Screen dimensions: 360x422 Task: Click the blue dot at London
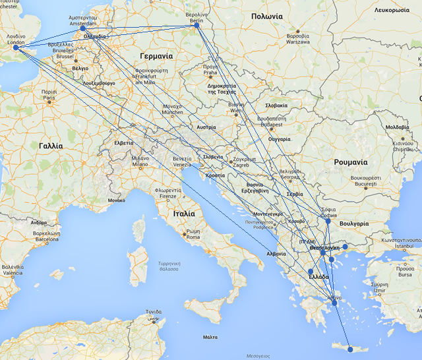click(x=16, y=47)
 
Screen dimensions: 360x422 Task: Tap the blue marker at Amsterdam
click(x=83, y=28)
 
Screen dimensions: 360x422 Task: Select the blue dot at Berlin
click(x=197, y=26)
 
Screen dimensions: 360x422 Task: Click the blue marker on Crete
click(x=350, y=349)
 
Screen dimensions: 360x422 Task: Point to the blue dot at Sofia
click(x=328, y=221)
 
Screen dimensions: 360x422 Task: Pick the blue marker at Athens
click(x=335, y=303)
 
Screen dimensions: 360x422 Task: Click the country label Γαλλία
click(x=51, y=146)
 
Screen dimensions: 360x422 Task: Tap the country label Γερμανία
click(x=156, y=56)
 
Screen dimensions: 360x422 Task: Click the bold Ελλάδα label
click(x=319, y=277)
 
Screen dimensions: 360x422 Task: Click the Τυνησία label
click(x=154, y=312)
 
